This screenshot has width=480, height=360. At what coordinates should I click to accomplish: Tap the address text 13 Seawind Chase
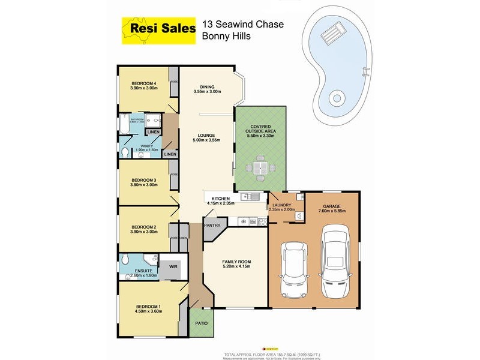pos(243,25)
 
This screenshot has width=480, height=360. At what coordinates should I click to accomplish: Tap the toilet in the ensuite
pos(125,260)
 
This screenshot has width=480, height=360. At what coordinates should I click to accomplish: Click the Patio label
pos(202,324)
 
